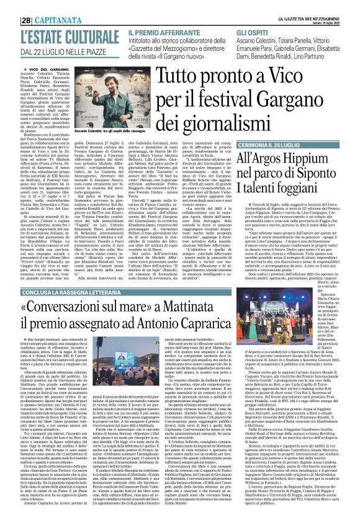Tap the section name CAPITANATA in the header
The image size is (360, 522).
43,7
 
